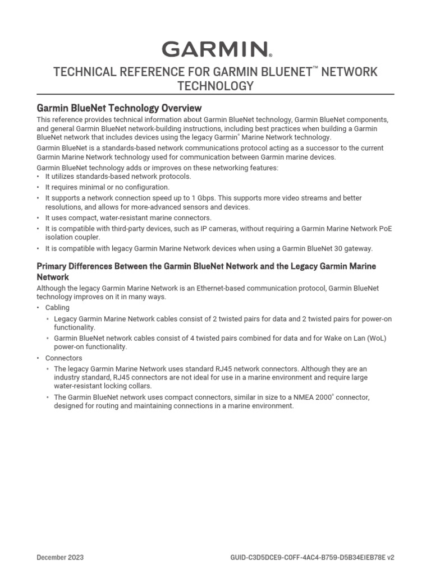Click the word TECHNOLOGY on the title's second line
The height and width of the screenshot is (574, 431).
pyautogui.click(x=215, y=86)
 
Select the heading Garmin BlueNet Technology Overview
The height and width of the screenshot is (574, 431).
pyautogui.click(x=119, y=108)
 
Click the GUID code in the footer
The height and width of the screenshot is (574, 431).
pyautogui.click(x=312, y=558)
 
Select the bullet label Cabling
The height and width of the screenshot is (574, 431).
pyautogui.click(x=57, y=308)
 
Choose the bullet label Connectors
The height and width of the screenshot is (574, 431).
pyautogui.click(x=63, y=358)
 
